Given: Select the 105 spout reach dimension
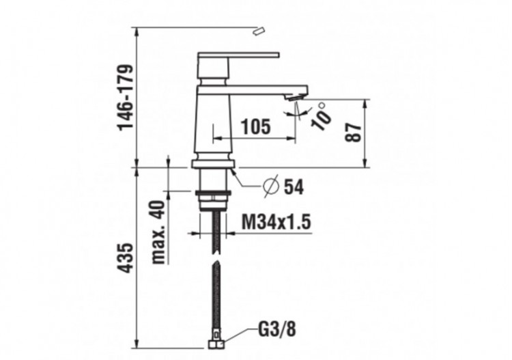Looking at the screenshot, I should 256,126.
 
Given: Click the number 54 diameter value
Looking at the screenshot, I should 294,186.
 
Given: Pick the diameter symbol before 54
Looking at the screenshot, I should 271,185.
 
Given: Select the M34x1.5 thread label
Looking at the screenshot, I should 276,222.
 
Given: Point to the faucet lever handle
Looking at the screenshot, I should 238,55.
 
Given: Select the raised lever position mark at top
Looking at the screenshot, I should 258,31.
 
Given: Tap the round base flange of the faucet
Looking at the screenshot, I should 214,163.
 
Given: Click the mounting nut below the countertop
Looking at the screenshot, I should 214,200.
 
